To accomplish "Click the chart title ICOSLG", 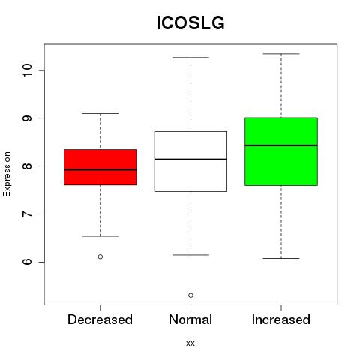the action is click(x=190, y=23).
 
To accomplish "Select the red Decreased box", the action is click(x=100, y=167).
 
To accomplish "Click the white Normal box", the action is click(x=190, y=161).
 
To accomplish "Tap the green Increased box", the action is click(x=281, y=151).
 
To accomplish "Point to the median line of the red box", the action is click(x=100, y=169).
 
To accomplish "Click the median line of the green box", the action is click(x=281, y=145).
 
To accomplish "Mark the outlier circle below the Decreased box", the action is click(x=100, y=256).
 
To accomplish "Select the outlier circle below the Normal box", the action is click(x=190, y=295).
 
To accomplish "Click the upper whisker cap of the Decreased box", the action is click(x=100, y=113).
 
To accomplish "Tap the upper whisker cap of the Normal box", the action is click(x=190, y=58).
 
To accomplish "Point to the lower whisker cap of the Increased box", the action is click(x=281, y=258).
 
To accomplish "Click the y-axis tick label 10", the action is click(x=27, y=70).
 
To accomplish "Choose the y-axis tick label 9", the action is click(x=27, y=118).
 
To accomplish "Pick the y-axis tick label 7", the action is click(x=27, y=214).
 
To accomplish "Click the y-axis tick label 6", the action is click(x=27, y=262).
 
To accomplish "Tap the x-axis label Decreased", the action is click(x=100, y=319).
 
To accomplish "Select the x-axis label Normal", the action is click(x=190, y=319).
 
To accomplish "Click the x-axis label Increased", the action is click(x=281, y=319).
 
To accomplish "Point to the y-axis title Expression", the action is click(x=7, y=174).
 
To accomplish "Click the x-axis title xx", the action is click(x=190, y=343).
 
